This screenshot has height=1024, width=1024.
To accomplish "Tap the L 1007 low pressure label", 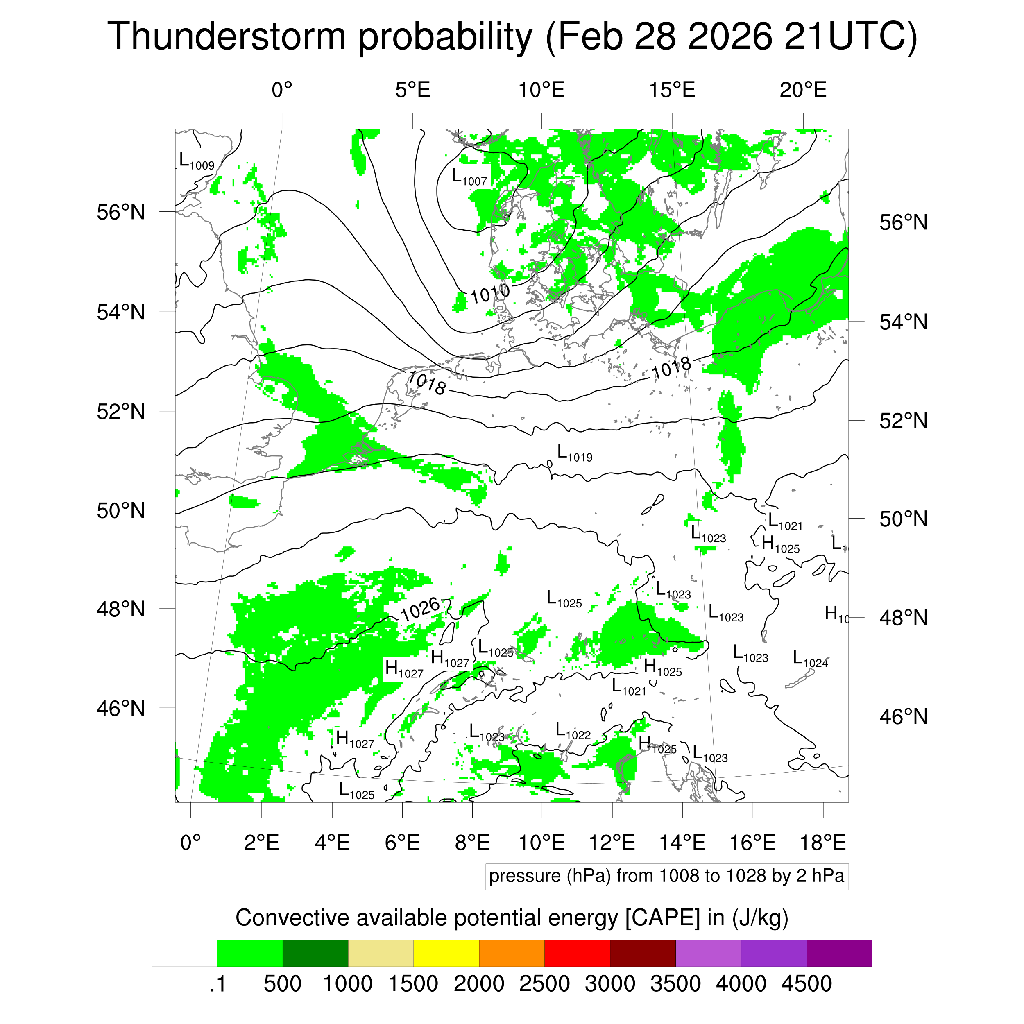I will coord(469,177).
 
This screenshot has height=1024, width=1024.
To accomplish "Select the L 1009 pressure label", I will coord(197,162).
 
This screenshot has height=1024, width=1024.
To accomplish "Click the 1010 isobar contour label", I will coord(490,293).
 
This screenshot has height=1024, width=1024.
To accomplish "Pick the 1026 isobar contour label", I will coord(420,609).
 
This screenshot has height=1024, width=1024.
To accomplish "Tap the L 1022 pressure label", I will coord(573,732).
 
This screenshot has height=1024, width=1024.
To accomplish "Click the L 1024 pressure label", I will coord(810,659).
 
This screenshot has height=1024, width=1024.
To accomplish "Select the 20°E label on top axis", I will coord(803,90).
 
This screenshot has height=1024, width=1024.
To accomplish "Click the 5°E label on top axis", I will coord(412,90).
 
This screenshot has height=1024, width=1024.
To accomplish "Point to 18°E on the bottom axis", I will coord(822,842).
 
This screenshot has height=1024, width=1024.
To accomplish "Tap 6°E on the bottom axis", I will coord(402,842).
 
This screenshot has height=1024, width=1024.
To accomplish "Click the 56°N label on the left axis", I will coord(121,212).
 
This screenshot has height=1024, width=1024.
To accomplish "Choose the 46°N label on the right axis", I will coord(903,716).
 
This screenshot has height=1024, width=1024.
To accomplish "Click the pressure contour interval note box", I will coord(666,876).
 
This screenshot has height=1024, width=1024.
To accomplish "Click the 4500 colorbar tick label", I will coord(806,984).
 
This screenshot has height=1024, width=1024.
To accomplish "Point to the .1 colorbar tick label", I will coord(217,984).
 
